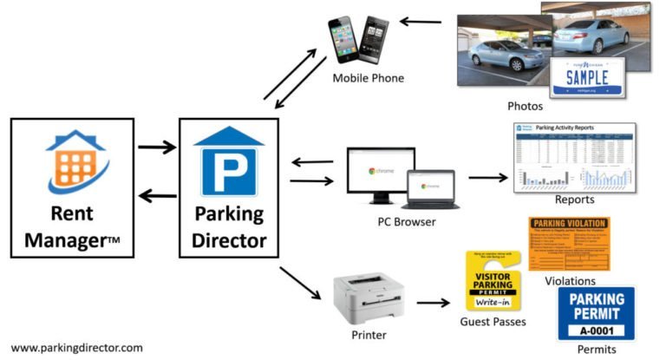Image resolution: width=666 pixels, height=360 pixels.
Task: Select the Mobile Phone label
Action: click(x=368, y=79)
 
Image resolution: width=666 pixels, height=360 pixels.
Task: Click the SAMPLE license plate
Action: click(x=589, y=77)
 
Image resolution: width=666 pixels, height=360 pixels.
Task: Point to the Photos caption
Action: click(x=525, y=106)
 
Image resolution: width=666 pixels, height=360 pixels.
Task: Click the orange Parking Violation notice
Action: click(x=569, y=244)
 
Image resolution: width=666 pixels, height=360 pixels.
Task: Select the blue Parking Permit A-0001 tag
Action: click(x=596, y=313)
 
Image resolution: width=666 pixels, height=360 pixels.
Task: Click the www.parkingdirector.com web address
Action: click(x=77, y=347)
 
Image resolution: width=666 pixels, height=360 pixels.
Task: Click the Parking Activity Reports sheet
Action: click(x=575, y=157)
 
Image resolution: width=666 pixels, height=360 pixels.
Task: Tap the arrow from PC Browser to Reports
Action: click(x=488, y=178)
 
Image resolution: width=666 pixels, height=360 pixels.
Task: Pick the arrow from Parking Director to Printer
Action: click(x=299, y=283)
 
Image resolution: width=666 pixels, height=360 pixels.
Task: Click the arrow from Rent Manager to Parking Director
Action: click(x=156, y=147)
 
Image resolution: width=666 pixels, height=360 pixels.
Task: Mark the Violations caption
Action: click(x=569, y=281)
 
